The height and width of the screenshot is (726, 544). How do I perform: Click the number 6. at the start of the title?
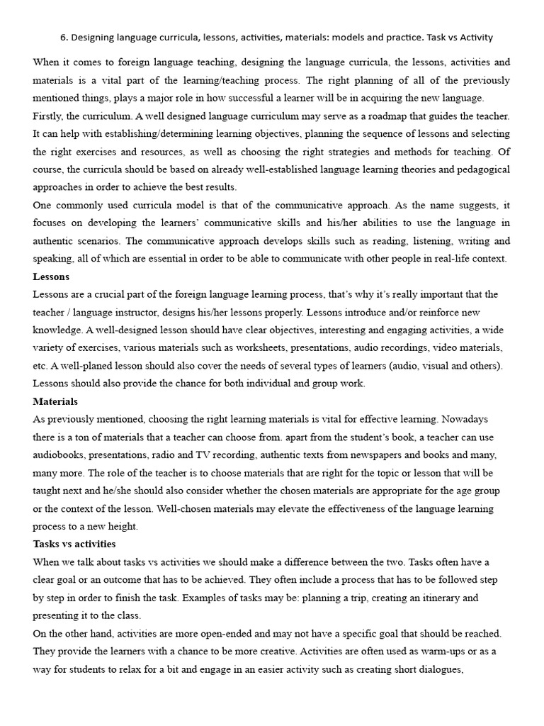(x=64, y=38)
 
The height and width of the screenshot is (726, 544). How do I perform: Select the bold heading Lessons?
(x=51, y=277)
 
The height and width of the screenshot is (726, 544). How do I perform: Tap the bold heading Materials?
(x=55, y=401)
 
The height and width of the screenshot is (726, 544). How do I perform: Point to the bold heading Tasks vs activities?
(x=74, y=544)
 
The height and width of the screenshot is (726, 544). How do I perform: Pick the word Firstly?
(x=50, y=116)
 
